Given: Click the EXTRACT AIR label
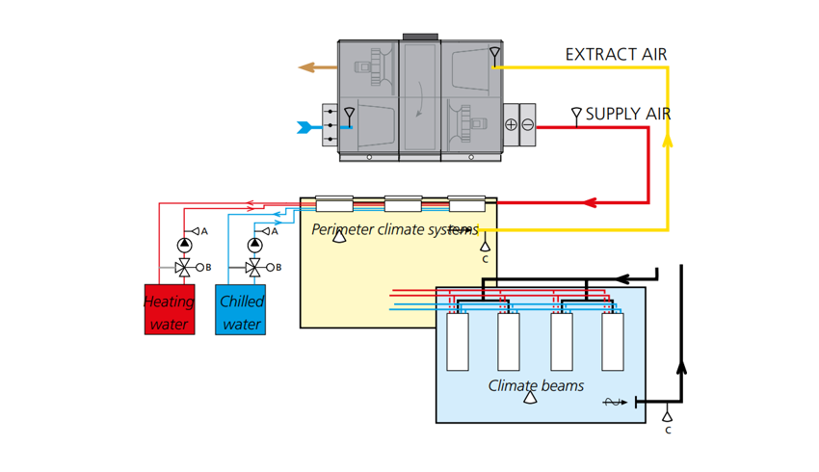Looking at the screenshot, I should tap(616, 55).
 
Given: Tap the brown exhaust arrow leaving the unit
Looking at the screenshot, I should tap(317, 67).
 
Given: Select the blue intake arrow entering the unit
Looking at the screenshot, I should tap(310, 127).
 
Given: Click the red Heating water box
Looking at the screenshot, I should tap(170, 309).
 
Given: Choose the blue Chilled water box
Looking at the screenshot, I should tap(241, 309).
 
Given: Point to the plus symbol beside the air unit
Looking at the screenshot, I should tap(512, 125).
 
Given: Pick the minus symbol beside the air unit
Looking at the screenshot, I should tap(527, 125).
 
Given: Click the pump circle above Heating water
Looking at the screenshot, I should tap(184, 246).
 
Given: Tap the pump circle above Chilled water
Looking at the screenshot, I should tap(254, 246).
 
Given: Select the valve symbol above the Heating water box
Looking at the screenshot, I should tap(183, 267).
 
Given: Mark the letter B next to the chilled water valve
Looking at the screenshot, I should tap(278, 268).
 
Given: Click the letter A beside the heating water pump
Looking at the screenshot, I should tap(204, 232).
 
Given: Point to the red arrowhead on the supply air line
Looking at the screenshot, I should tap(590, 203).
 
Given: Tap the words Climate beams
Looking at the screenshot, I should tap(537, 385).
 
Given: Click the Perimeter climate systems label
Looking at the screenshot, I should tap(393, 230).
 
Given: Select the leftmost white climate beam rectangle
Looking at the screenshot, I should tap(458, 342).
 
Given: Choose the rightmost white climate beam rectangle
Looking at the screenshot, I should tap(612, 342).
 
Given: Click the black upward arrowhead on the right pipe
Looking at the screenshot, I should tap(681, 367).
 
